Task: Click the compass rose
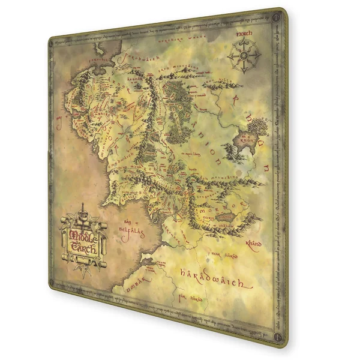[244, 58]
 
